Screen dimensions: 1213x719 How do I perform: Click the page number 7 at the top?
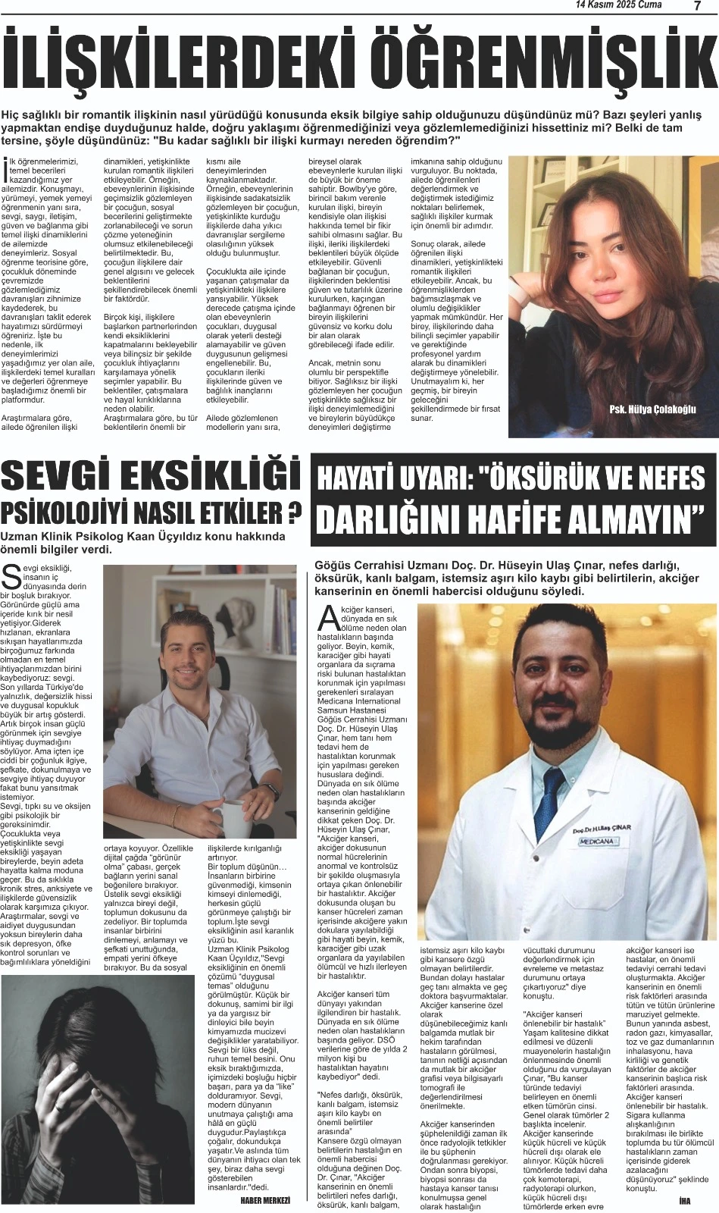(696, 5)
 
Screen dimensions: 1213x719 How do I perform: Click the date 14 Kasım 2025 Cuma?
(618, 5)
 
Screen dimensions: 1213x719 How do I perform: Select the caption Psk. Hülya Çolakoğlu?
(652, 409)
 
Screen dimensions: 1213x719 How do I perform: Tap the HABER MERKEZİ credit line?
(265, 1200)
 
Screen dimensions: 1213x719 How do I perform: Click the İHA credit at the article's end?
(685, 1200)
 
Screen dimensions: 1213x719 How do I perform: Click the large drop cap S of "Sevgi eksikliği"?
(11, 577)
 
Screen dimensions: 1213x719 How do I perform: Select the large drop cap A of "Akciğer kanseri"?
(328, 618)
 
